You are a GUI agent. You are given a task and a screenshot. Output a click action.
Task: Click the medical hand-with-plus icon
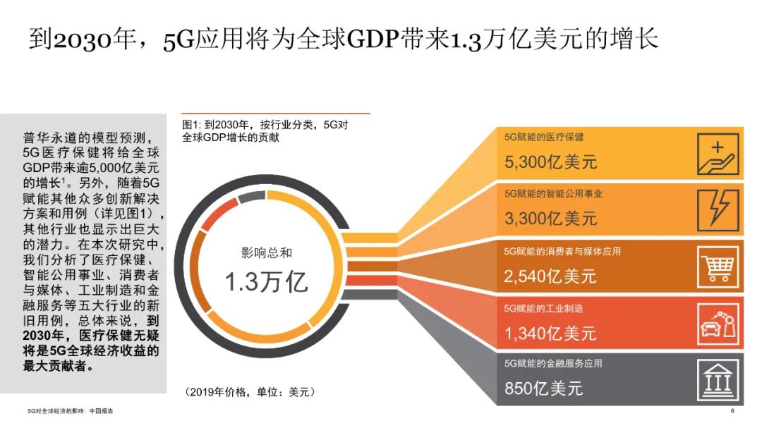(x=718, y=154)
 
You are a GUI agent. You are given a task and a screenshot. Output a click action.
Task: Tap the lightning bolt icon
(x=718, y=210)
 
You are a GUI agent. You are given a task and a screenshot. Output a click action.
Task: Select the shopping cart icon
(x=718, y=267)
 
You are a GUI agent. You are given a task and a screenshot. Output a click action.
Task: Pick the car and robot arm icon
(x=718, y=324)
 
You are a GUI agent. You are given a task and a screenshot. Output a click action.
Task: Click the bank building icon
(x=718, y=380)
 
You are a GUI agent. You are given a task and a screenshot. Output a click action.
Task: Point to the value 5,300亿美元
(x=550, y=161)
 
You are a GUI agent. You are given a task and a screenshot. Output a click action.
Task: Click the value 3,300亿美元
(x=550, y=219)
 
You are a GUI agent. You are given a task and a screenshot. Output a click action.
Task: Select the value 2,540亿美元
(x=550, y=276)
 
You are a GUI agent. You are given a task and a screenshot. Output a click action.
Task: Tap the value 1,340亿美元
(x=550, y=334)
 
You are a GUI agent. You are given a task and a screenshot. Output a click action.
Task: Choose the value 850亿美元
(x=543, y=389)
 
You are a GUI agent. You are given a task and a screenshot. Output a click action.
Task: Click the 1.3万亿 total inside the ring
(x=266, y=282)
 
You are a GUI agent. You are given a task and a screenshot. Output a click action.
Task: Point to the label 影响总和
(x=267, y=252)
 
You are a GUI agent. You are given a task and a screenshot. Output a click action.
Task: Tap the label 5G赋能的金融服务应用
(x=553, y=363)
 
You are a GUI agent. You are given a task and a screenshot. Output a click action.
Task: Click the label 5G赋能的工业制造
(x=543, y=309)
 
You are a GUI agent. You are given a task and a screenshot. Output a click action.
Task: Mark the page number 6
(x=732, y=411)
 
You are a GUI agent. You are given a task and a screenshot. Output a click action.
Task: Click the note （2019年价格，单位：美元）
(x=250, y=392)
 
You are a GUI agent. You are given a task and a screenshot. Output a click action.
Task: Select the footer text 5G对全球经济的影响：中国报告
(x=71, y=411)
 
